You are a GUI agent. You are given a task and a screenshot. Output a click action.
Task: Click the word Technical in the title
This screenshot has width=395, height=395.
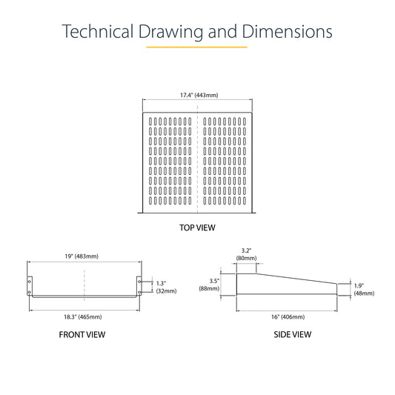(98, 31)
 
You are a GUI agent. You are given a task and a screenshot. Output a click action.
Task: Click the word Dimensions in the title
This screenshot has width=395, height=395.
(287, 31)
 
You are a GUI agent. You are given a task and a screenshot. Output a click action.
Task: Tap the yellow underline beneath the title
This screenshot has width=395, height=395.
(196, 47)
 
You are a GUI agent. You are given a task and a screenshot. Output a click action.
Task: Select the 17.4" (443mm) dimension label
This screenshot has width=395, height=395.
(199, 95)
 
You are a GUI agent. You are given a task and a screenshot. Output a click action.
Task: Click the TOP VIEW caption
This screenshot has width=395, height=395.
(197, 228)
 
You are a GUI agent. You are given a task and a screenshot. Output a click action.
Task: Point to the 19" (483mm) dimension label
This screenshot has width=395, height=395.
(82, 256)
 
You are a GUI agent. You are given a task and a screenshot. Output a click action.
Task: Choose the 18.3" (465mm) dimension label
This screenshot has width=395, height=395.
(83, 317)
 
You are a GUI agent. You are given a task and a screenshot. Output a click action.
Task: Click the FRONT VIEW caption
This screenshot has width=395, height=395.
(82, 334)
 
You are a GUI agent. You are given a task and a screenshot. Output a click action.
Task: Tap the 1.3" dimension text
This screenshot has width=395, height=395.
(162, 283)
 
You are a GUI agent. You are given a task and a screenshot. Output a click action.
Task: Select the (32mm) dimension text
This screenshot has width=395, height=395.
(166, 291)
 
